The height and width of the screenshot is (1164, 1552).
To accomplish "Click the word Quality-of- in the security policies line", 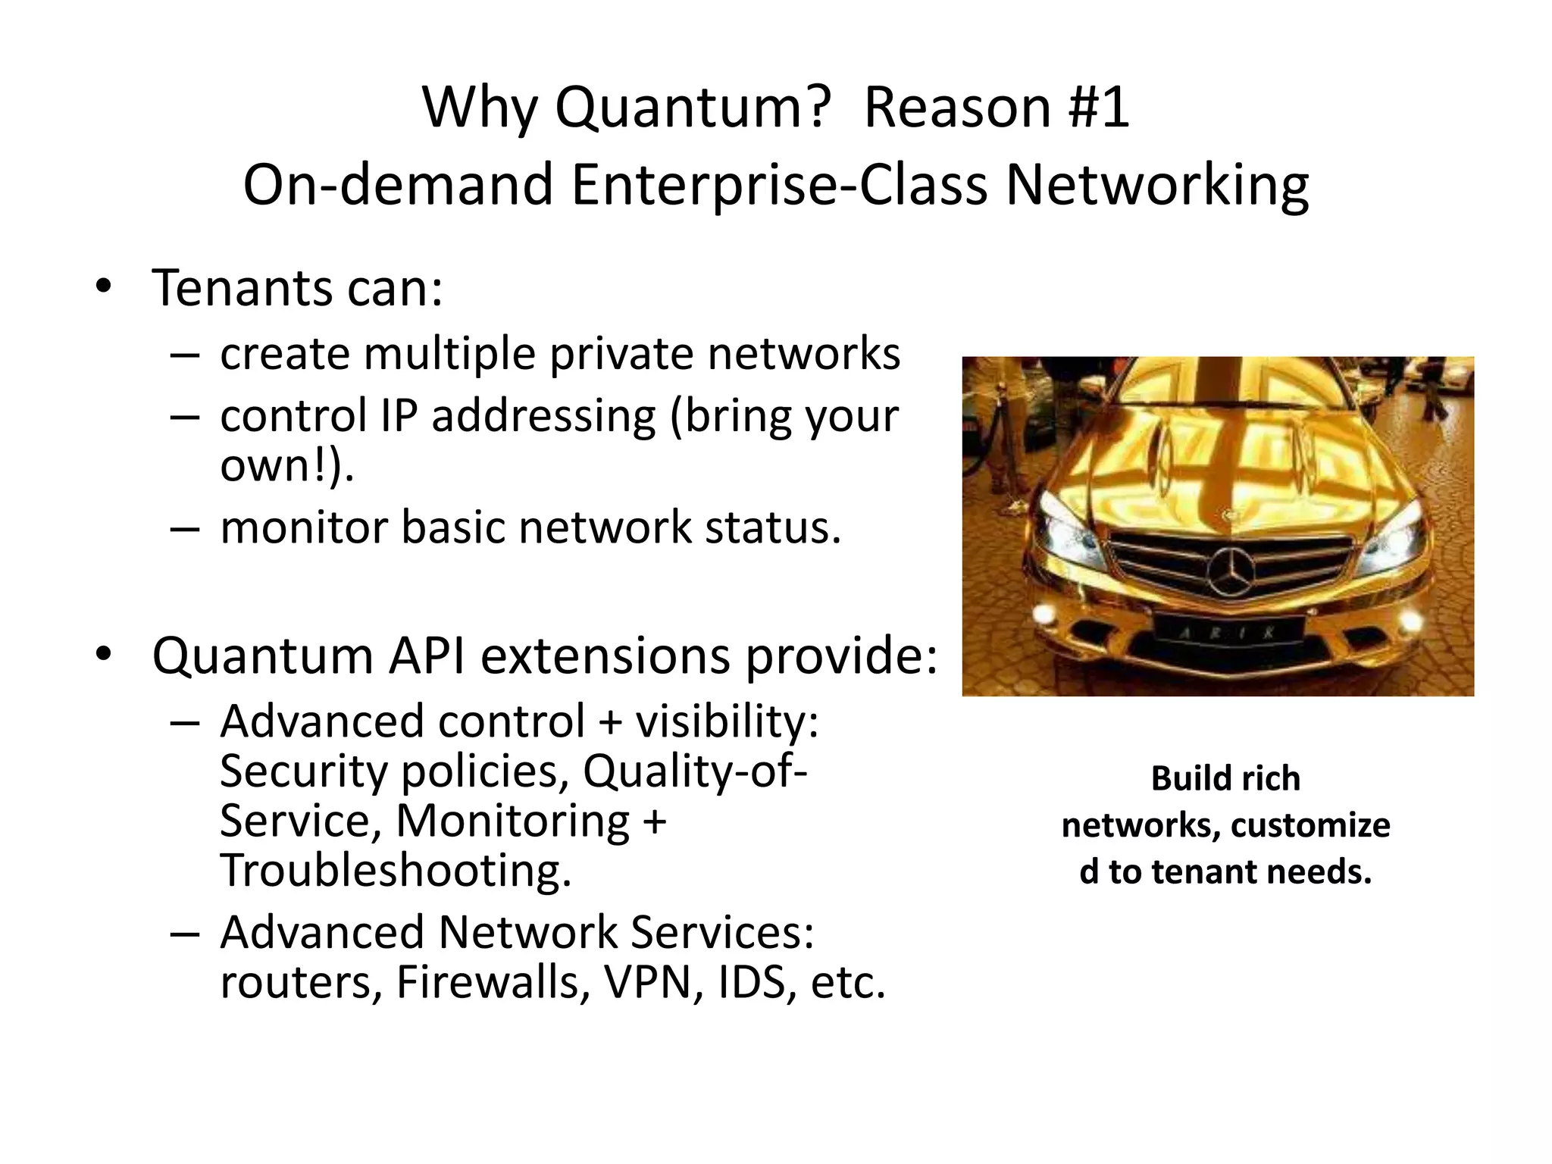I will pyautogui.click(x=695, y=771).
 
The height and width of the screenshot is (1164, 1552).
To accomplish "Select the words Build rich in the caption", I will pyautogui.click(x=1225, y=779).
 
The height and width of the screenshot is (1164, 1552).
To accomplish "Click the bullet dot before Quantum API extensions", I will pyautogui.click(x=104, y=653).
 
